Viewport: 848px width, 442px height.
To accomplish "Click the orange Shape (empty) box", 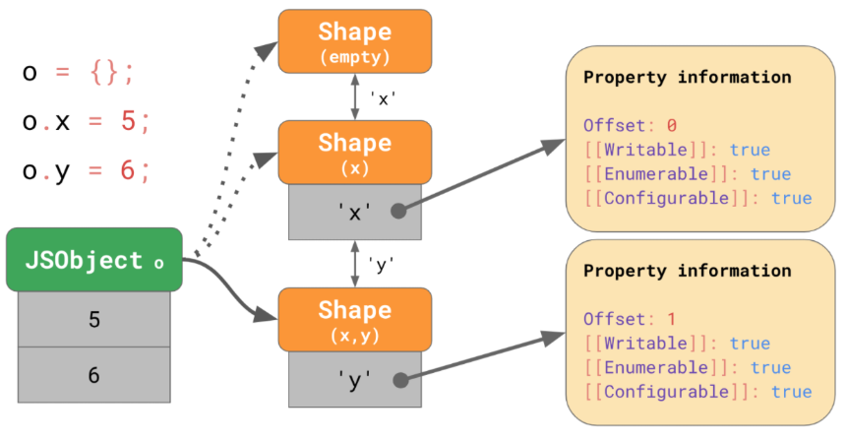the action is (355, 41).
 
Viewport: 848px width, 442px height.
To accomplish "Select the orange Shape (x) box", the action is (355, 152).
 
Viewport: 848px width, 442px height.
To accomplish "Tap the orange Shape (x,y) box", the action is (355, 319).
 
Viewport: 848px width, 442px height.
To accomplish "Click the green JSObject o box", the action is (94, 260).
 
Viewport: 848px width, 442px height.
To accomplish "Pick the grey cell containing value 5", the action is (94, 319).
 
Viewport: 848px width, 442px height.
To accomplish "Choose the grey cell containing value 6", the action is (94, 375).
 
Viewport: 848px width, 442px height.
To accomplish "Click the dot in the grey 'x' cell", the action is (398, 211).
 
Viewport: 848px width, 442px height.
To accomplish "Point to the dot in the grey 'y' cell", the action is (400, 380).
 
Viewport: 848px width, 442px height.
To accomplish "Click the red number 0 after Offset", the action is (671, 126).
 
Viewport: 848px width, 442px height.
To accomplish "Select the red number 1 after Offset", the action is (671, 319).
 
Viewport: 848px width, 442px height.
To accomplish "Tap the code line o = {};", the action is (78, 72).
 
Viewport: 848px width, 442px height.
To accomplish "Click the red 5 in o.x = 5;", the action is (128, 120).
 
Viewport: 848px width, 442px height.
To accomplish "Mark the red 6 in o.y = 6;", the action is (128, 170).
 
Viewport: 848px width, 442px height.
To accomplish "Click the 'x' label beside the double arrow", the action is (383, 99).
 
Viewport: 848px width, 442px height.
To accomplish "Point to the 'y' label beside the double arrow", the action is (381, 265).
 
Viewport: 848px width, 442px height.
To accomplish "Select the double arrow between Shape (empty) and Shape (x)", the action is (355, 96).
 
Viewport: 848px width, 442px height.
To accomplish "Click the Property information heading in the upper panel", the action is (688, 78).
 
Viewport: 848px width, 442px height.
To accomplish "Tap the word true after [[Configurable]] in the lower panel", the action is (792, 392).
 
